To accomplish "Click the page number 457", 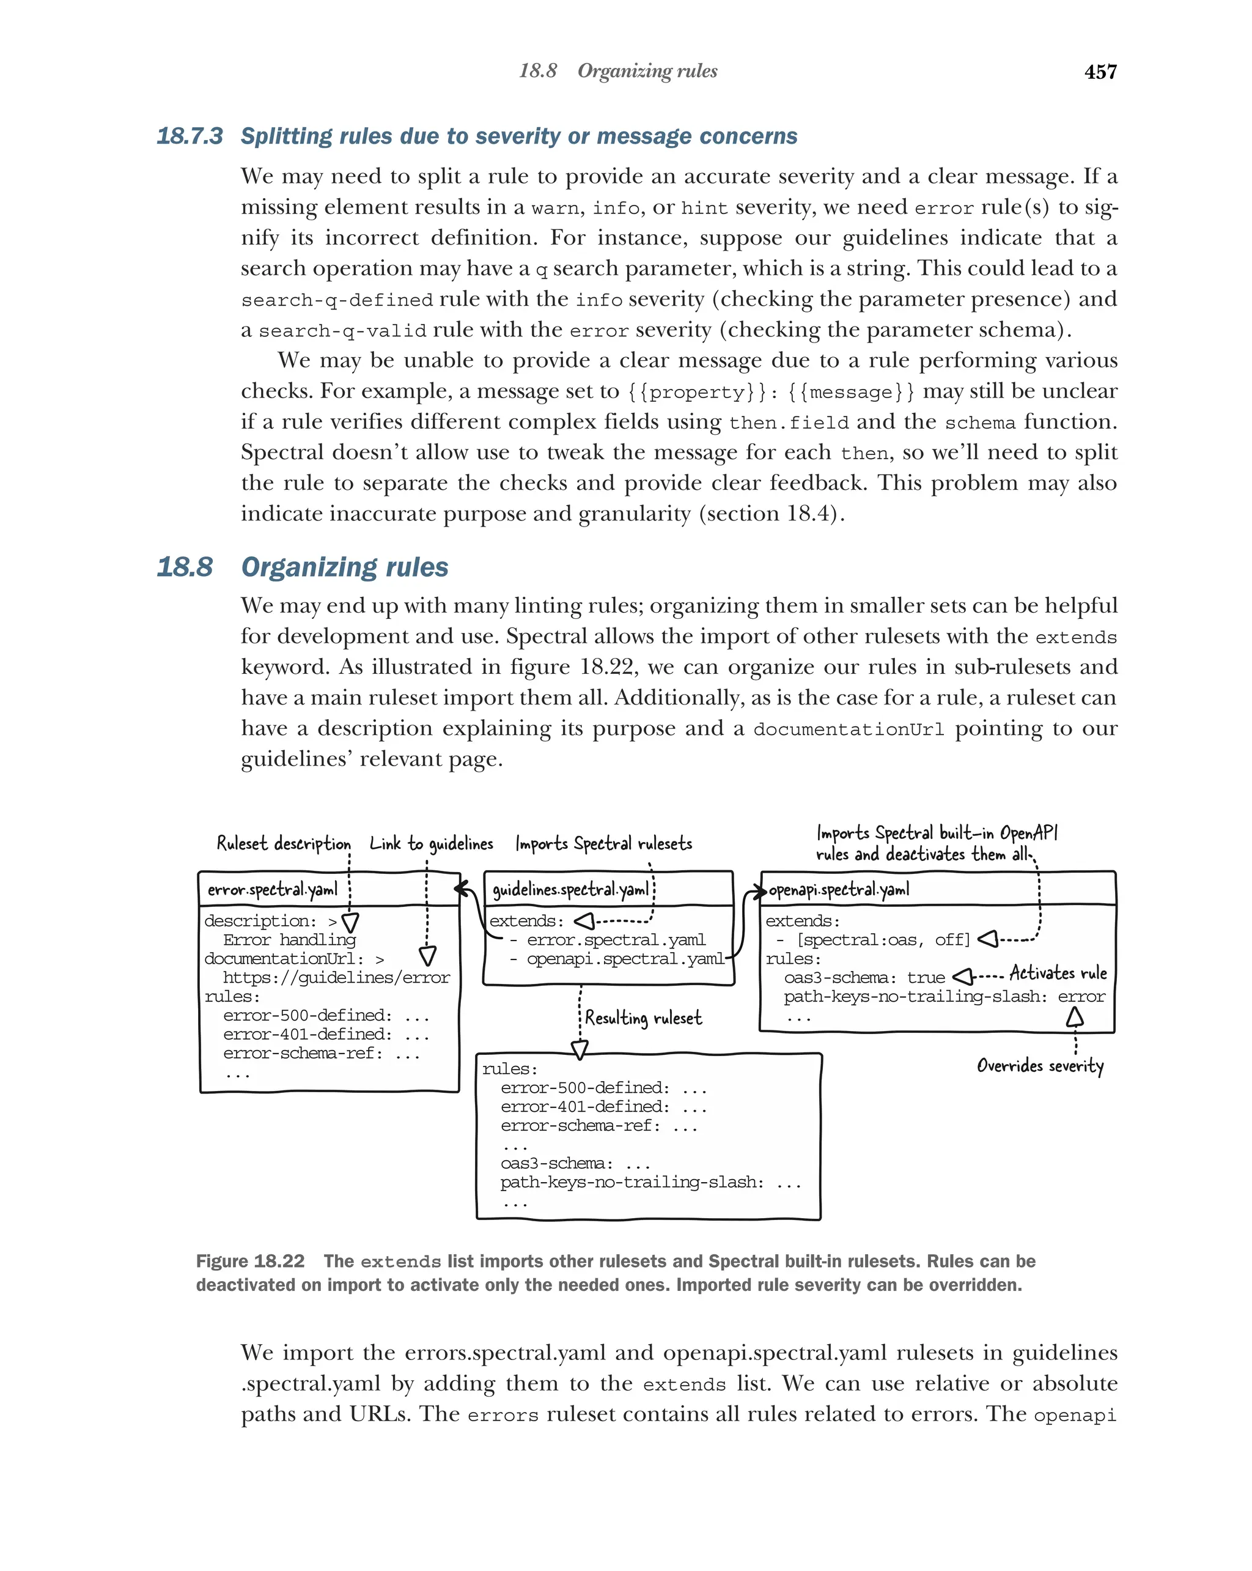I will click(1099, 72).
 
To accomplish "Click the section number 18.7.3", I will click(190, 136).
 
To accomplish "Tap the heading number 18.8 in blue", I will click(185, 567).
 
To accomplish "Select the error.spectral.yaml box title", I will click(273, 890).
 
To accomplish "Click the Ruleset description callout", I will click(283, 843).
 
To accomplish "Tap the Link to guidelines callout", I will click(430, 843).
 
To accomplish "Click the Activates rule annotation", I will click(1058, 973).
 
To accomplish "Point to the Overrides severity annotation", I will click(1039, 1066).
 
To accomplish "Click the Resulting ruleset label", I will click(643, 1018).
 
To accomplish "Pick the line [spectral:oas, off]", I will click(883, 940).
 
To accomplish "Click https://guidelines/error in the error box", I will click(336, 978).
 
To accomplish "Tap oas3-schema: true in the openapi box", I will click(864, 978).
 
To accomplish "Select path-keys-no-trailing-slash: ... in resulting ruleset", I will click(650, 1182).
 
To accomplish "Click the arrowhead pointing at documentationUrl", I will click(427, 956).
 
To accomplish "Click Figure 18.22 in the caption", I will click(250, 1262).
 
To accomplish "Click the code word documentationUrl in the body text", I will click(848, 730).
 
